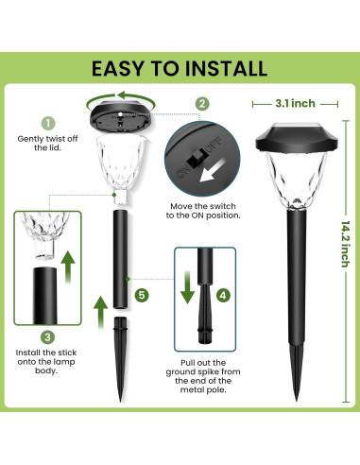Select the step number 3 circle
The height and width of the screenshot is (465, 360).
(47, 337)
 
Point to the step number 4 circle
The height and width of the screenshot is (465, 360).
(222, 294)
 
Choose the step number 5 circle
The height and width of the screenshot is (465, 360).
(141, 295)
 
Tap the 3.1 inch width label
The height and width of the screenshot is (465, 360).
(293, 103)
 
